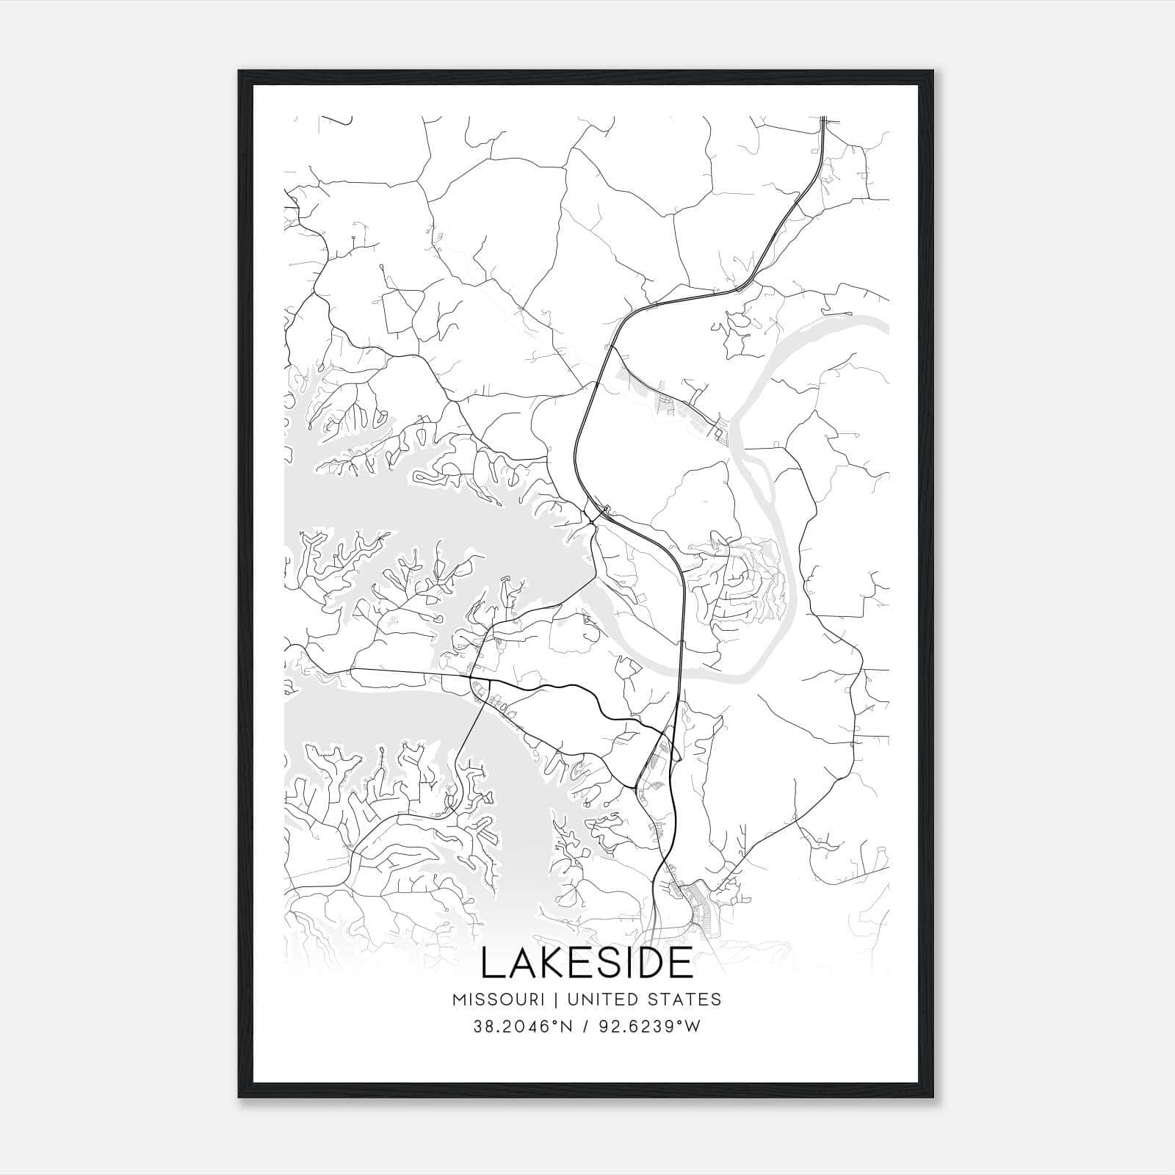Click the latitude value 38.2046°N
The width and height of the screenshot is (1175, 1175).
click(x=521, y=1027)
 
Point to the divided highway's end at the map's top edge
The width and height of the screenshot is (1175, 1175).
click(x=824, y=118)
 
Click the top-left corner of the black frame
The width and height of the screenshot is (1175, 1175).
click(x=239, y=71)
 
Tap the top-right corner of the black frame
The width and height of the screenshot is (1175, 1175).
click(x=935, y=71)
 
